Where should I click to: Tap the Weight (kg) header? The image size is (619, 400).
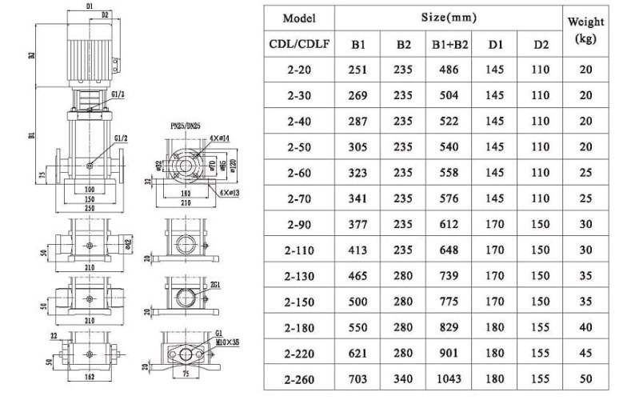[x=585, y=30]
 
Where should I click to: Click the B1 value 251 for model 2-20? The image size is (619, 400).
[x=358, y=70]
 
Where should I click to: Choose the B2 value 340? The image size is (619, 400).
[x=403, y=378]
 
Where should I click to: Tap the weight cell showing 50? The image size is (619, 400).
[x=585, y=378]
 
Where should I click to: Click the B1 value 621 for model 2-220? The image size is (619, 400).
[x=358, y=353]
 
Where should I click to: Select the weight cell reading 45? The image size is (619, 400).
[x=585, y=353]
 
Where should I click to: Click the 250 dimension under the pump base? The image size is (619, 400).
[x=89, y=208]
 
